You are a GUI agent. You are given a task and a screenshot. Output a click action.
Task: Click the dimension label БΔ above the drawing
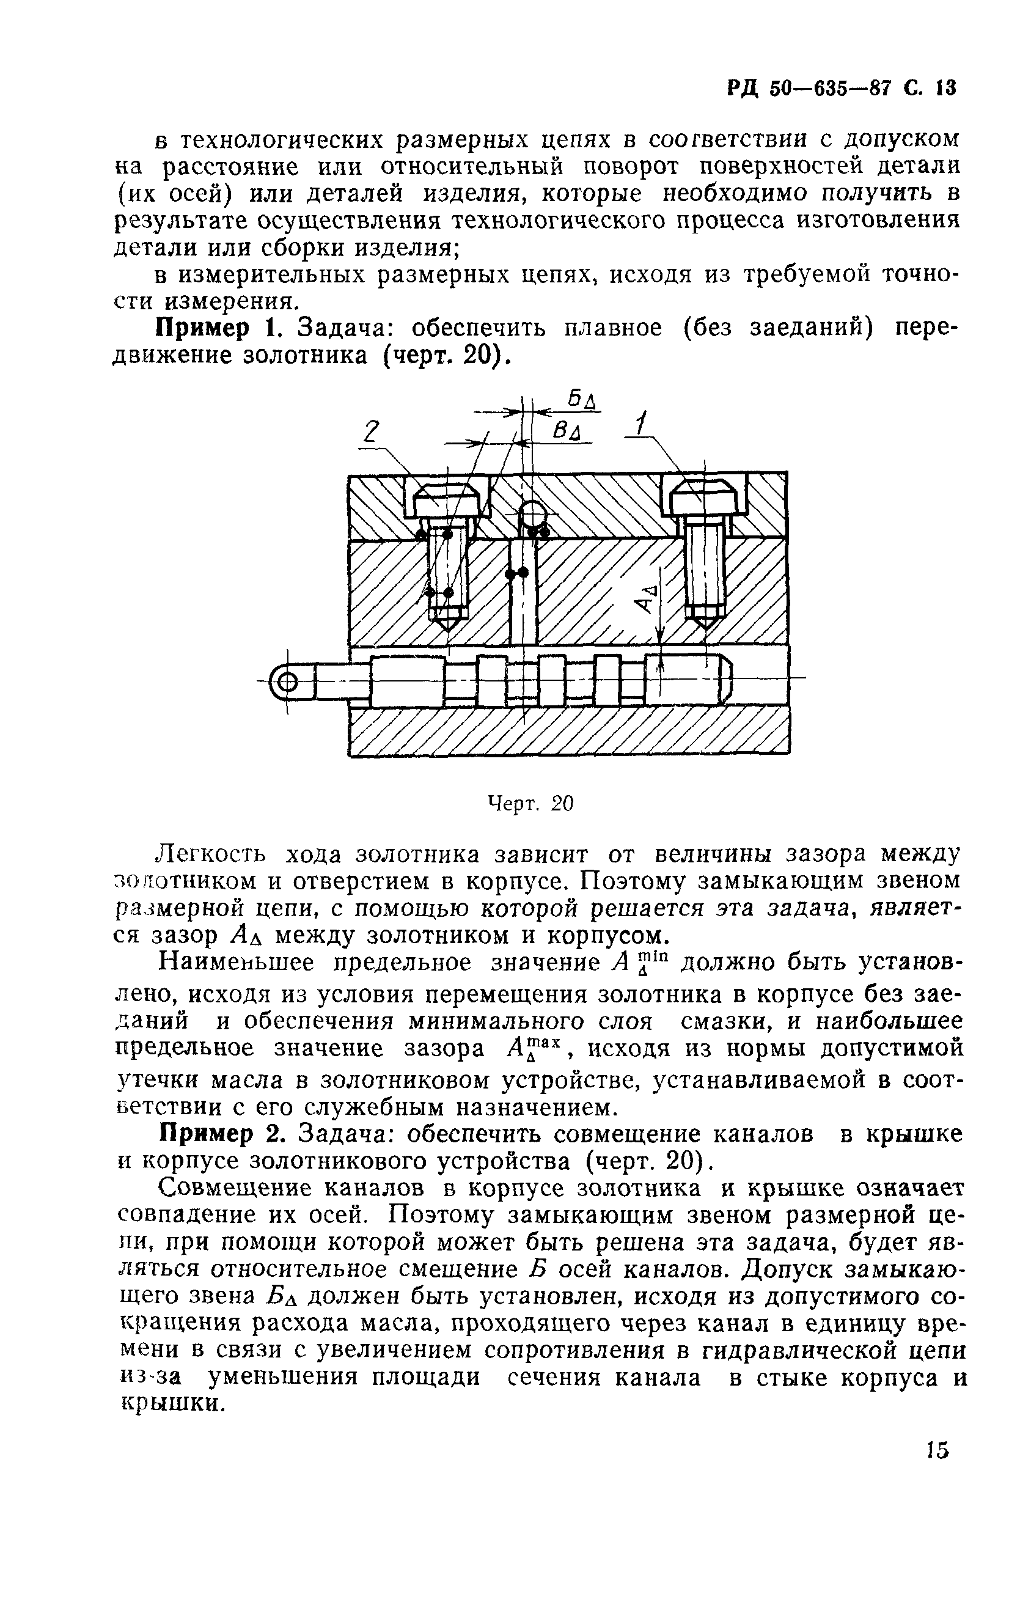pos(582,400)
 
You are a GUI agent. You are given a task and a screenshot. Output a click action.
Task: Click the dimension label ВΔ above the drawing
pos(567,433)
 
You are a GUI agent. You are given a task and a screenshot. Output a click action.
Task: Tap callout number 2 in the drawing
pos(372,433)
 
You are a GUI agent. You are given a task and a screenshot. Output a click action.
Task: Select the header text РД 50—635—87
pos(810,89)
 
